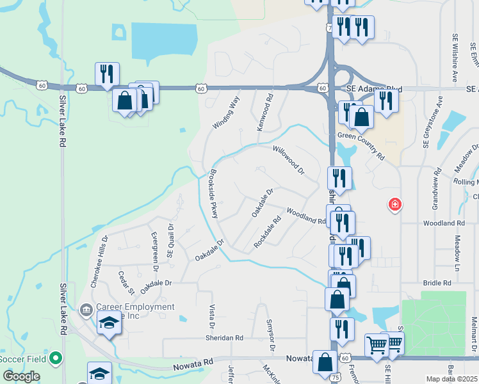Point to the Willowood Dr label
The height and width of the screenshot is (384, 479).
click(288, 161)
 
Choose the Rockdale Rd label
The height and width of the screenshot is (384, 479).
click(268, 235)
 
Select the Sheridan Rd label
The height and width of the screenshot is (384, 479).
click(224, 338)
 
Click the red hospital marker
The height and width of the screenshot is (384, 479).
click(395, 205)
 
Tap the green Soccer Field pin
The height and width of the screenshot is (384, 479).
click(56, 358)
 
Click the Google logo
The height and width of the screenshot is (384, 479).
click(22, 376)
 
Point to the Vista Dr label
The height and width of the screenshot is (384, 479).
click(211, 313)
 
